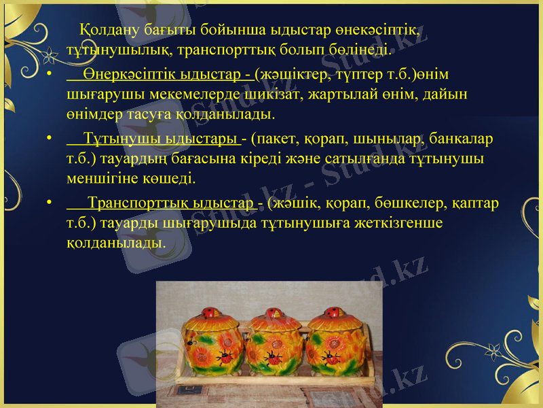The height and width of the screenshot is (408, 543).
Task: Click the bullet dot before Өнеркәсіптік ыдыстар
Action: click(50, 74)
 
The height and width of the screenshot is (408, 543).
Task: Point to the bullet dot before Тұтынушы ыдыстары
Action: click(50, 140)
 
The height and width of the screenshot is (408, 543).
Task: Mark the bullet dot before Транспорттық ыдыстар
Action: click(50, 204)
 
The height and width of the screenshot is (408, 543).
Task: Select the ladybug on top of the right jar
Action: click(334, 313)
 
